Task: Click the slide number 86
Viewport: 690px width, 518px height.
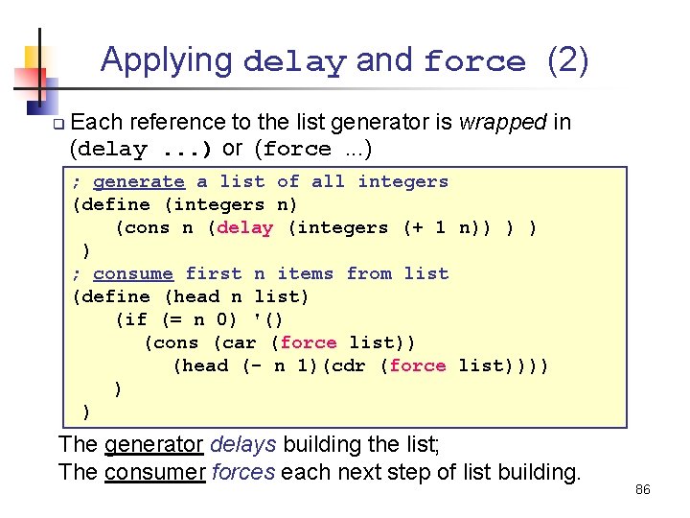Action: pos(642,489)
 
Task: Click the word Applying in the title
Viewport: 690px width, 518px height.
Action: pos(167,59)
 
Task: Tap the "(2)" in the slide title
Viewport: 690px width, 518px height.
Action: pos(567,60)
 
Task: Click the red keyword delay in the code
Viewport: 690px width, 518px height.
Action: pos(245,227)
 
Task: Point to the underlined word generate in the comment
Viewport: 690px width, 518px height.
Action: pos(138,181)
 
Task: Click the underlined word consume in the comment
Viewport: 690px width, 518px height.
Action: pos(133,273)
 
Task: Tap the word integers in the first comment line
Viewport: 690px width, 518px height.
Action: pos(403,181)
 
